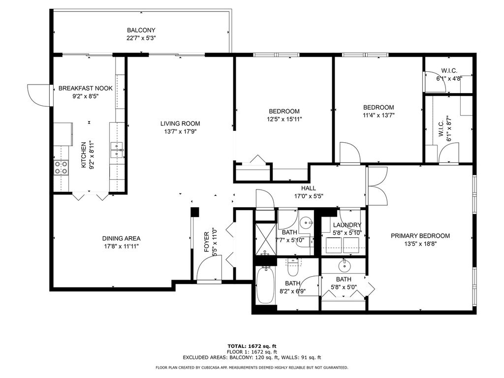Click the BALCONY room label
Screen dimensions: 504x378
[x=141, y=30]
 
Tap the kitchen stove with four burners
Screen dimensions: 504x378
[x=61, y=167]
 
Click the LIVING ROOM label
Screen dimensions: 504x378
[x=180, y=124]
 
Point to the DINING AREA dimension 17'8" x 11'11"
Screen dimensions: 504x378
[x=121, y=247]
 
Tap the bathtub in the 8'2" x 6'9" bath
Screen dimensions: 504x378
[x=265, y=285]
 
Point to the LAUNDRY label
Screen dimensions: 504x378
[x=347, y=225]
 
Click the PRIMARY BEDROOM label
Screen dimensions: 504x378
[x=420, y=236]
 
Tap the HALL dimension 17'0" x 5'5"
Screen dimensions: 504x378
[x=309, y=196]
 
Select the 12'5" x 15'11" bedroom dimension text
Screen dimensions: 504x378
[x=284, y=119]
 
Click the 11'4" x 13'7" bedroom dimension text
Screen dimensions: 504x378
[x=378, y=115]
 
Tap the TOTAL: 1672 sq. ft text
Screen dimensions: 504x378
[x=252, y=346]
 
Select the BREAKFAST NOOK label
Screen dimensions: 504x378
[x=86, y=88]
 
